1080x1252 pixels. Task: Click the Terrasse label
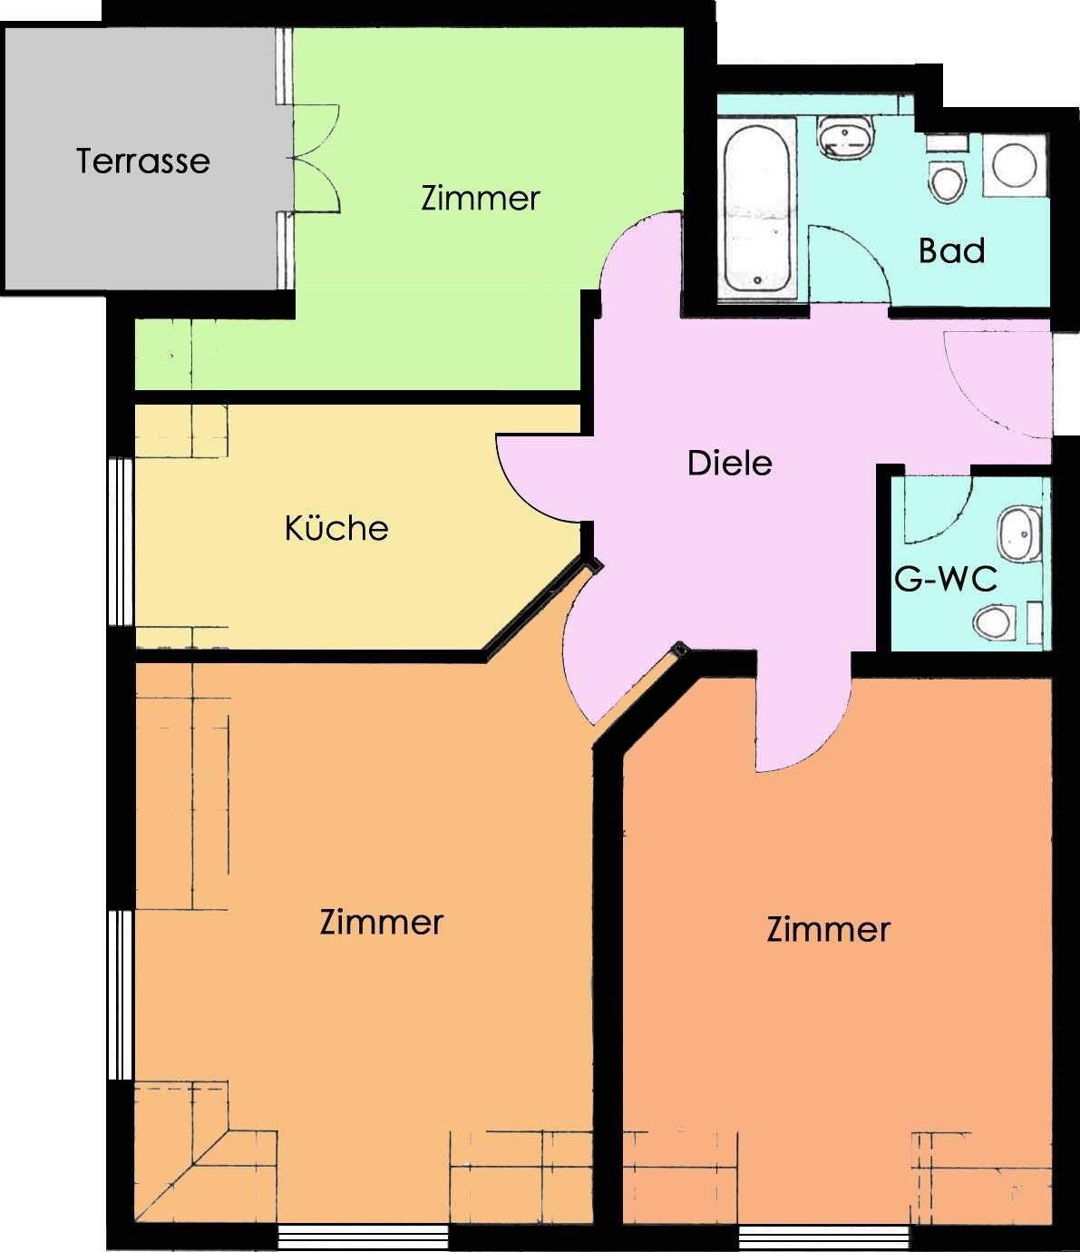pyautogui.click(x=143, y=161)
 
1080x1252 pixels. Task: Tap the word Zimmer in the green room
pyautogui.click(x=481, y=198)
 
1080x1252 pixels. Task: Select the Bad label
pyautogui.click(x=951, y=250)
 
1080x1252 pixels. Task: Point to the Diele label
pyautogui.click(x=729, y=464)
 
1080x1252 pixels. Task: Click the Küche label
pyautogui.click(x=336, y=528)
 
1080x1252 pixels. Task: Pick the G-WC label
pyautogui.click(x=946, y=579)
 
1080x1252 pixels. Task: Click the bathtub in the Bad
pyautogui.click(x=757, y=210)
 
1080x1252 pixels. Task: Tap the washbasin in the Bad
pyautogui.click(x=846, y=138)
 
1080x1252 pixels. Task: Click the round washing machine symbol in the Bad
pyautogui.click(x=1015, y=165)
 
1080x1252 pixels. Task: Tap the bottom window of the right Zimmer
pyautogui.click(x=824, y=1235)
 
